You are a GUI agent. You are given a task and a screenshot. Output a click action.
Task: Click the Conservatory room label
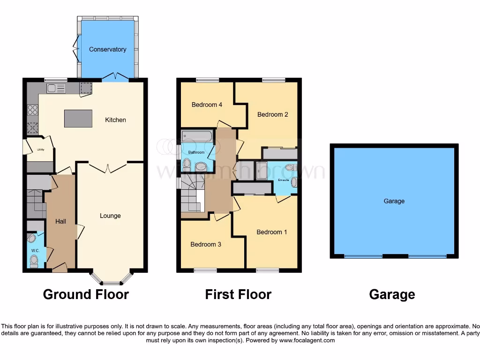107,49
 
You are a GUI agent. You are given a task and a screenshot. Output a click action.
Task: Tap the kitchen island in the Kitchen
78,118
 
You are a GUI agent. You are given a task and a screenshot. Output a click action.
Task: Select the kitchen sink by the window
55,88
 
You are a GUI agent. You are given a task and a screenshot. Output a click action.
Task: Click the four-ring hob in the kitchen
33,110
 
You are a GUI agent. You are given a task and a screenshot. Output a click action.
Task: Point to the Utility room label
40,150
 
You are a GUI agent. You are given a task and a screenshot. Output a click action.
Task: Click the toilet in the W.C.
34,260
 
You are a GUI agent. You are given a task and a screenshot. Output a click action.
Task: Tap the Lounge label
110,216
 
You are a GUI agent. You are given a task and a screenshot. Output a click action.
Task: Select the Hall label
60,221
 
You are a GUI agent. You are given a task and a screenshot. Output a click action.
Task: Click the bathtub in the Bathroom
197,136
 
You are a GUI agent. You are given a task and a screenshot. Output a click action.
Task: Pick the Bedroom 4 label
207,105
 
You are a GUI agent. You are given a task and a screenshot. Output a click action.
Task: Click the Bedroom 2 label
272,114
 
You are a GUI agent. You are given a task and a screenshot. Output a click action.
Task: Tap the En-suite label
283,180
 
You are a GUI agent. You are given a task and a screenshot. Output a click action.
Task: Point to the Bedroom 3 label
206,244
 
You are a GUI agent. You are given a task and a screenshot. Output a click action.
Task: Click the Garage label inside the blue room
394,201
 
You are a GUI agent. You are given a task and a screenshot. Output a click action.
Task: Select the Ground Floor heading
86,294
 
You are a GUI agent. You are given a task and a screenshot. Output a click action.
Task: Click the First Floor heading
238,294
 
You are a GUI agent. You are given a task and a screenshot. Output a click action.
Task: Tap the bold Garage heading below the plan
392,294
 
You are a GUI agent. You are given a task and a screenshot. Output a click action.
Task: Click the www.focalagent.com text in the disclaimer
307,340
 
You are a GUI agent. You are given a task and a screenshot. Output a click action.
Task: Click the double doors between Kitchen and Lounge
108,168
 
